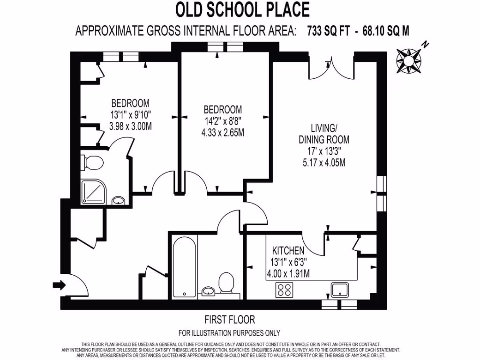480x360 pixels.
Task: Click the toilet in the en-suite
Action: coord(94,163)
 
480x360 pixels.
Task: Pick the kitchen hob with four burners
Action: coord(284,289)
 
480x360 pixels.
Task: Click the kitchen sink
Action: coord(341,289)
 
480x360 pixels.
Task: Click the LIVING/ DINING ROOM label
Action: coord(324,134)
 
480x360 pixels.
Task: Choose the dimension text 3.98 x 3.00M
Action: coord(130,126)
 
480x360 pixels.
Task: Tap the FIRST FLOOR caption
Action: coord(230,320)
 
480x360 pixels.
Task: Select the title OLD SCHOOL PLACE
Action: coord(242,9)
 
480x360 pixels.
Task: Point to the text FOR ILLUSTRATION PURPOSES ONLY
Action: coord(229,333)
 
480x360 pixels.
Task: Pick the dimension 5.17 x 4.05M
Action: coord(324,163)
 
